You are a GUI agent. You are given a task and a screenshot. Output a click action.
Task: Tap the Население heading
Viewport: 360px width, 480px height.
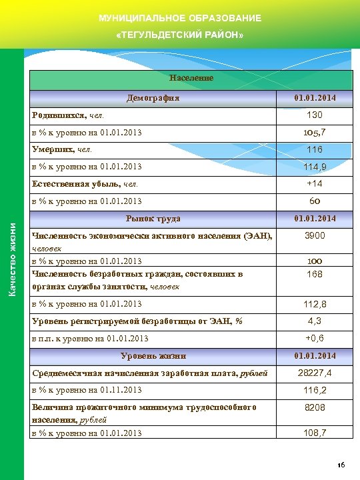[191, 78]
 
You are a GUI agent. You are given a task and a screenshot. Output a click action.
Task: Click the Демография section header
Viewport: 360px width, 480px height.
[154, 99]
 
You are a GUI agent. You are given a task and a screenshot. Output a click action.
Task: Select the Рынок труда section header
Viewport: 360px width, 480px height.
[153, 219]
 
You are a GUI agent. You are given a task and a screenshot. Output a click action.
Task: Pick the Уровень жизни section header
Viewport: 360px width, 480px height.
[153, 356]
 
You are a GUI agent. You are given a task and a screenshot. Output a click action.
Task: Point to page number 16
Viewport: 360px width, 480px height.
[340, 465]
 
